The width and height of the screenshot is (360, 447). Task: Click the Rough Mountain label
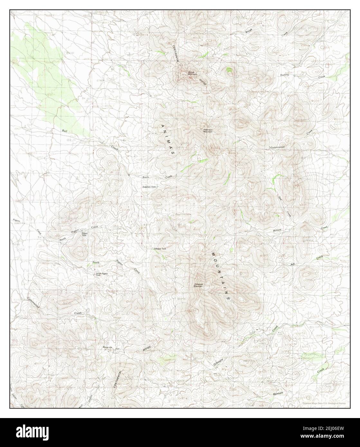pos(192,73)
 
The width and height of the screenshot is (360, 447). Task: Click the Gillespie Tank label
pos(160,249)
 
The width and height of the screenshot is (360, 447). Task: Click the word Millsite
pos(277,231)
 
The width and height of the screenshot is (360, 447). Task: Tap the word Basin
pos(146,177)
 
